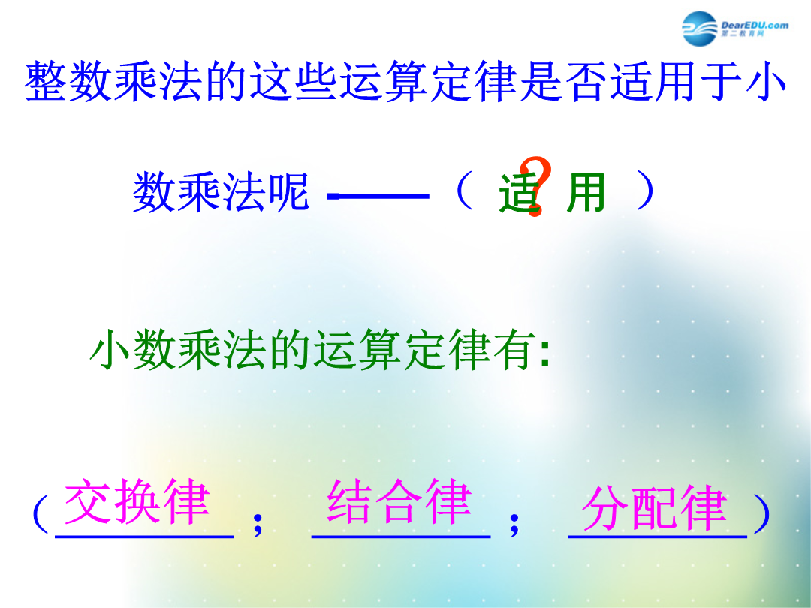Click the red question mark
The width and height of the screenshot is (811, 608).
(x=535, y=186)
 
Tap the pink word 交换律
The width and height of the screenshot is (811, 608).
(x=137, y=501)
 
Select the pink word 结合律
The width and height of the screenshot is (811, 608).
(x=399, y=501)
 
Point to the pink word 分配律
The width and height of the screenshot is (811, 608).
(x=654, y=508)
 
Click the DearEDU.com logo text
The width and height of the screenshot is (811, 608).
(x=755, y=26)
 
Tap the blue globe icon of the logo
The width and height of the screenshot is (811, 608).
(x=699, y=29)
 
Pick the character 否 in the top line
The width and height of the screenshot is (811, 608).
(x=586, y=81)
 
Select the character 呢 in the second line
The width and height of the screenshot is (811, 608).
(x=288, y=192)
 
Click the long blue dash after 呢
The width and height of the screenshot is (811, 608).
(x=378, y=196)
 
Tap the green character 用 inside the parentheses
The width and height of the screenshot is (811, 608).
(x=586, y=193)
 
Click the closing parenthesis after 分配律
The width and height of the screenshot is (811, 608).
(x=762, y=513)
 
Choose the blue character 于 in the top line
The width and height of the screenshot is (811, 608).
(x=721, y=81)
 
